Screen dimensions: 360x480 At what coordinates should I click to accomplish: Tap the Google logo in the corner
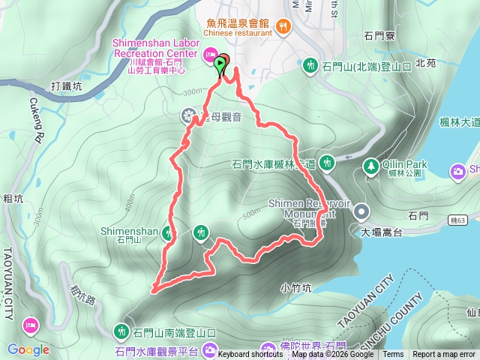pyautogui.click(x=28, y=349)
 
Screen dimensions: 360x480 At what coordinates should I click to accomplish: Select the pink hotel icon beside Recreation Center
pyautogui.click(x=210, y=54)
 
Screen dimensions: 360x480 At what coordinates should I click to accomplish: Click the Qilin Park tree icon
pyautogui.click(x=370, y=165)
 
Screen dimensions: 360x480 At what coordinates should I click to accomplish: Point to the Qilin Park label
pyautogui.click(x=406, y=164)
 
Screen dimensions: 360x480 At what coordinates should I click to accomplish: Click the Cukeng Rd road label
pyautogui.click(x=35, y=120)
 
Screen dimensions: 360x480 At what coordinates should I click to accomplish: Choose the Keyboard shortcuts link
pyautogui.click(x=250, y=354)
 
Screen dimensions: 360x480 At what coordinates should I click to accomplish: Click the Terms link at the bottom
pyautogui.click(x=393, y=354)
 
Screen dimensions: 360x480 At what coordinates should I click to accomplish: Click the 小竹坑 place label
pyautogui.click(x=295, y=286)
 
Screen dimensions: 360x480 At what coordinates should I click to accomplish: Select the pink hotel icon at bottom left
pyautogui.click(x=30, y=325)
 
